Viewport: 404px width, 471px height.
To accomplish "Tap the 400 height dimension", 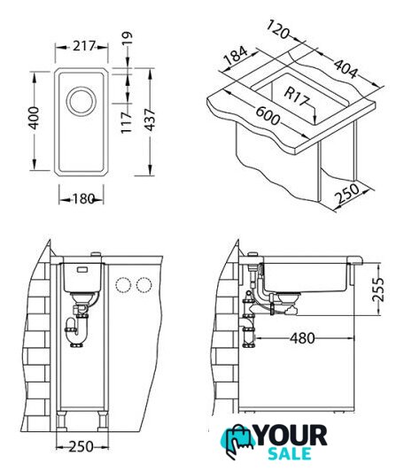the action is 34,118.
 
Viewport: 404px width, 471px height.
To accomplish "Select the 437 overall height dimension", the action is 150,120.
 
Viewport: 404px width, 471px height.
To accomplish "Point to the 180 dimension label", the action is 83,198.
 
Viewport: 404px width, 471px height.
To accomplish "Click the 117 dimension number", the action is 127,122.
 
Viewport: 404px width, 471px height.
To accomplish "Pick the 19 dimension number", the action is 128,38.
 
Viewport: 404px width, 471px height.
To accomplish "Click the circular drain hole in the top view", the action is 82,101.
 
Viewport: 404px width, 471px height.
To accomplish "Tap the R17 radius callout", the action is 297,97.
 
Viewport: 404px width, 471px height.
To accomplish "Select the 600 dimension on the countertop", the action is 268,116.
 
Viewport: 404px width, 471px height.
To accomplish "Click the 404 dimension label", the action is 346,69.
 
